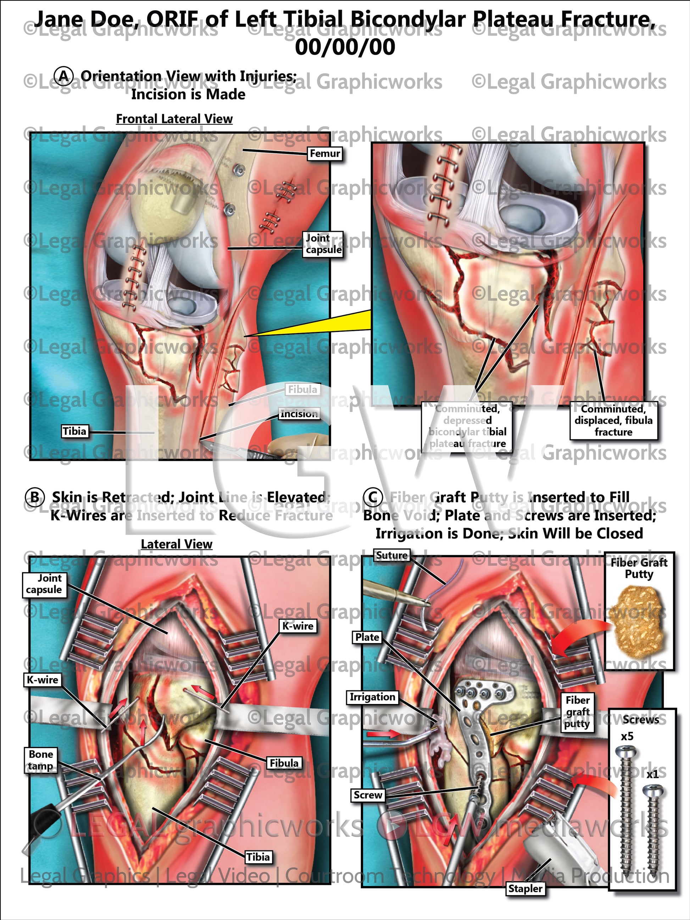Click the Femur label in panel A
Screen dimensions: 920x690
coord(325,154)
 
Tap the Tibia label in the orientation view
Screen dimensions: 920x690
coord(74,431)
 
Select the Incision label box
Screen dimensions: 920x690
coord(299,414)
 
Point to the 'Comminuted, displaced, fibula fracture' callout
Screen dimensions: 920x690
coord(613,421)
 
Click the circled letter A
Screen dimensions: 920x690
coord(63,76)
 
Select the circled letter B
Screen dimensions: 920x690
coord(35,497)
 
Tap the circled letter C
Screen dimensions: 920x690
coord(373,497)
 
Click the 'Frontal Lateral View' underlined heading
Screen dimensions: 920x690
coord(174,119)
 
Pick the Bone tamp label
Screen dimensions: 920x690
coord(41,760)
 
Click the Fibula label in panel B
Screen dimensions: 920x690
coord(284,763)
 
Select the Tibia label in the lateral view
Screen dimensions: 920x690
coord(258,857)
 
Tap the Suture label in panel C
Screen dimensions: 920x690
coord(391,555)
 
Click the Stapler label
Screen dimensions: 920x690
coord(525,889)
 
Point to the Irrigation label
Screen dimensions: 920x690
coord(372,697)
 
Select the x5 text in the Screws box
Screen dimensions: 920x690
coord(627,737)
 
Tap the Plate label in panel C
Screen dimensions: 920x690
coord(367,637)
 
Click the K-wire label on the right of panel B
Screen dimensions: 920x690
coord(298,626)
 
